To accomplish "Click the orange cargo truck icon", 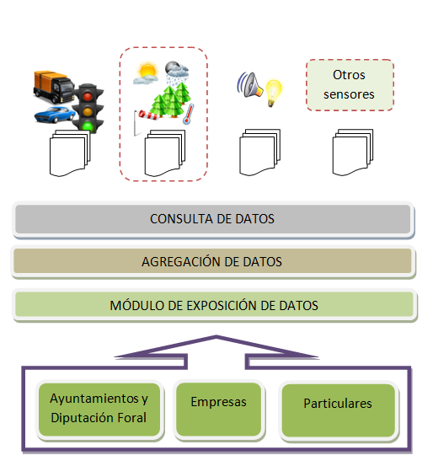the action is (54, 87).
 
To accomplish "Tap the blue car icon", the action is (55, 115).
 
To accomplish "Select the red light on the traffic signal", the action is (88, 96).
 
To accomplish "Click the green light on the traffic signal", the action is (88, 126).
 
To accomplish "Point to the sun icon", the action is (146, 72).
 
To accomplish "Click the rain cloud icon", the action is (177, 72).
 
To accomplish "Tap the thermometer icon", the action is (189, 114).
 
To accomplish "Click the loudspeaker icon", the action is (249, 85).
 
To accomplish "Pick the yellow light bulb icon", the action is (273, 93).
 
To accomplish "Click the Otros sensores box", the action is (350, 85).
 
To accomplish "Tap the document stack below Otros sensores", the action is (352, 153).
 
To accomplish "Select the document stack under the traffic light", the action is (70, 153).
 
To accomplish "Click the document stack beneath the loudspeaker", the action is (259, 153).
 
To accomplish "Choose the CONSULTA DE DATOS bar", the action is (213, 219).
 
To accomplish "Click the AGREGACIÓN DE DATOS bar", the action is (213, 261).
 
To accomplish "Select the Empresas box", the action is (219, 410).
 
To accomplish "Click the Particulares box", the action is (338, 410).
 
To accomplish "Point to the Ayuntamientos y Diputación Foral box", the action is (99, 410).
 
